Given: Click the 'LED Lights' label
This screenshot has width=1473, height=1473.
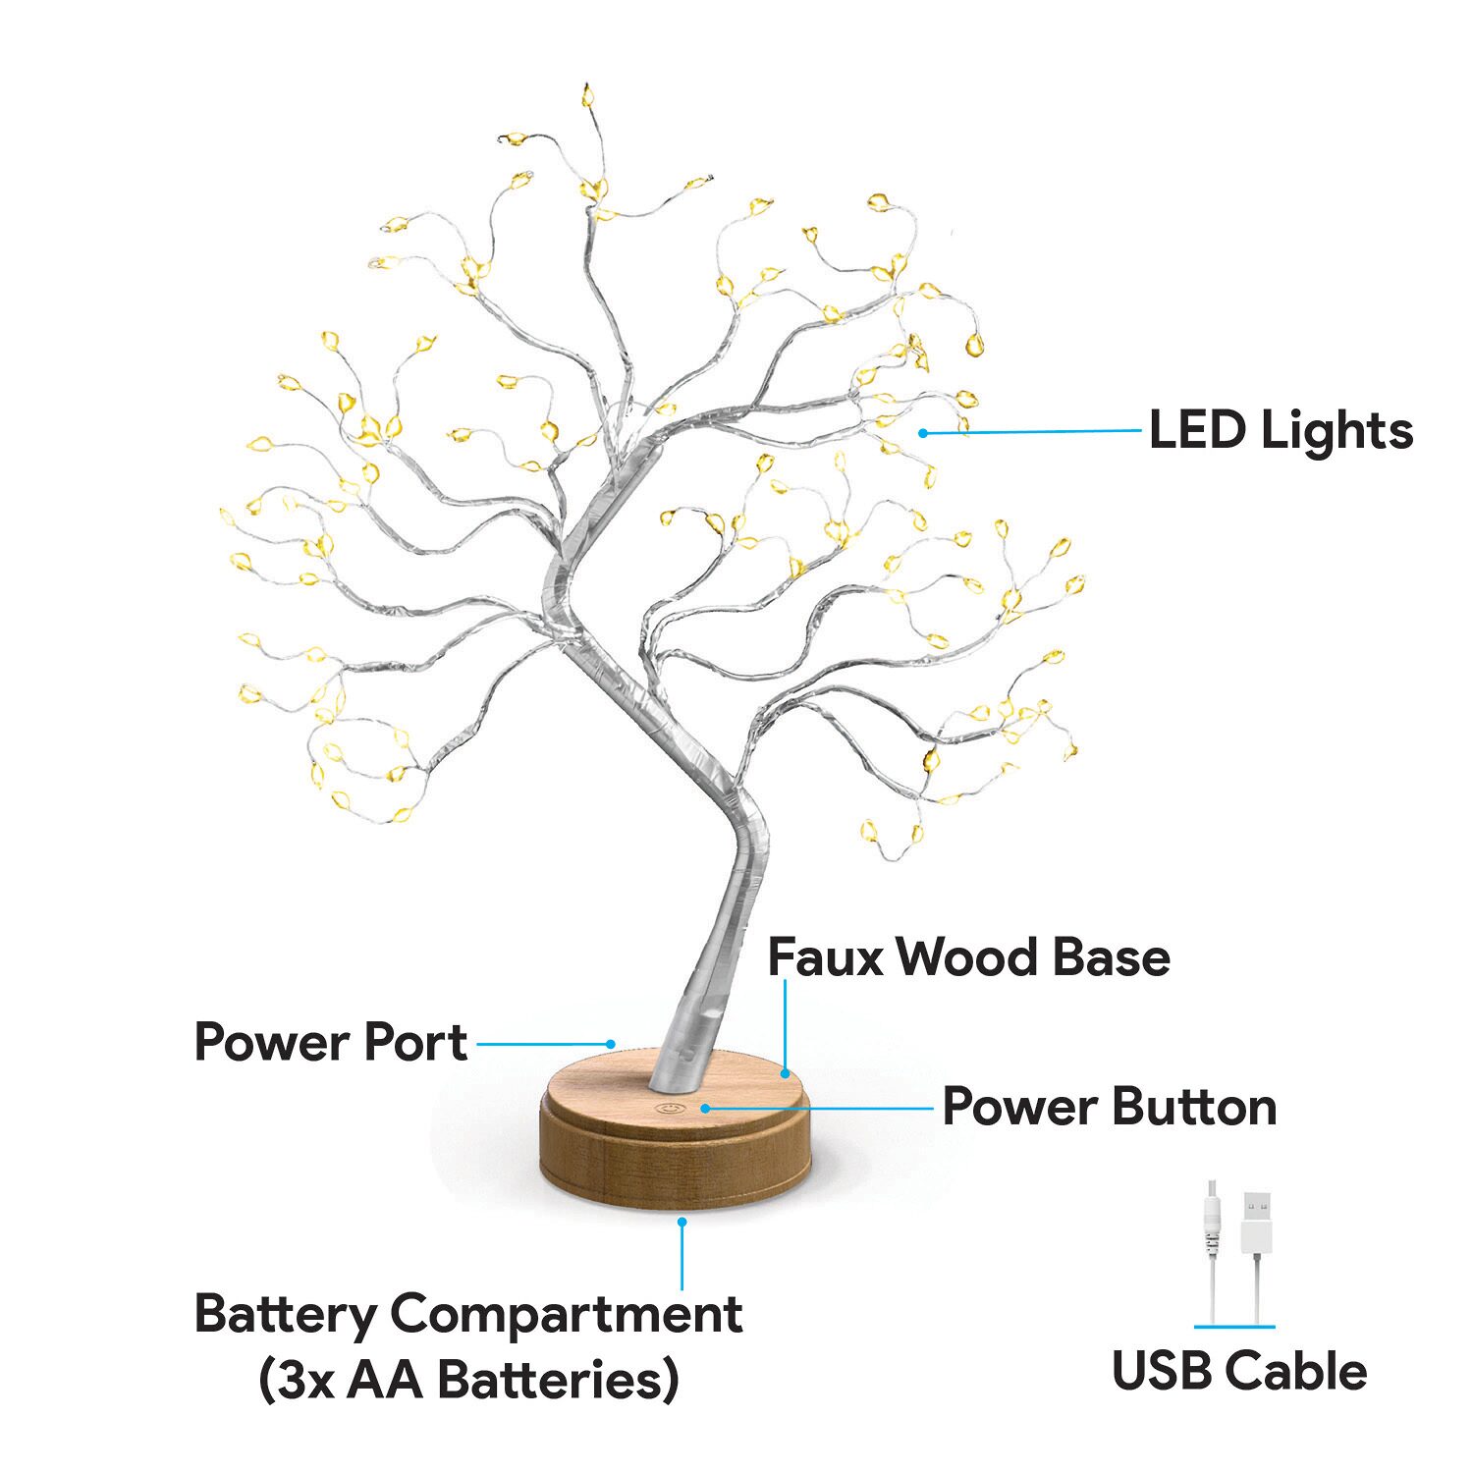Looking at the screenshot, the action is [1281, 430].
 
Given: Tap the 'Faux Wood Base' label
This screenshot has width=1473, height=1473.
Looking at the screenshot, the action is [968, 956].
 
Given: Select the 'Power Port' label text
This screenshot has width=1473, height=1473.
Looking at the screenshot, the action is [330, 1041].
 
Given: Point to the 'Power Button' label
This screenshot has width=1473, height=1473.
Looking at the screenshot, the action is [1110, 1107].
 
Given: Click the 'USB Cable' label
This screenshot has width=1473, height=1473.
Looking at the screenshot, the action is [1239, 1371].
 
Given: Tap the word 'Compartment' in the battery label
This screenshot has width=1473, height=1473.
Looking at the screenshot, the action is [566, 1316].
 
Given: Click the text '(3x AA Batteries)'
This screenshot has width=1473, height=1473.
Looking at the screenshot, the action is [468, 1380].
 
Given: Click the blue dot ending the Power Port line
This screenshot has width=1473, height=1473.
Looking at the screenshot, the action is [611, 1044].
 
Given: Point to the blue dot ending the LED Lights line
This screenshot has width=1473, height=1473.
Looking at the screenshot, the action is [923, 432].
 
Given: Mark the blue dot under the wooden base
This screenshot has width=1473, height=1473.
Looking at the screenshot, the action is [682, 1222].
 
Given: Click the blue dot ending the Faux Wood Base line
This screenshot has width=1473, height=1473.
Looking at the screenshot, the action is [785, 1073].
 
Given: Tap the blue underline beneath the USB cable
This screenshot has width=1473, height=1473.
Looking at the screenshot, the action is [1234, 1327].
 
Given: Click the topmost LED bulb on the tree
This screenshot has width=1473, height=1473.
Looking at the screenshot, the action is [588, 95].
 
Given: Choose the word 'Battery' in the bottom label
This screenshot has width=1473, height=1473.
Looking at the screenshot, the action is [285, 1316].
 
